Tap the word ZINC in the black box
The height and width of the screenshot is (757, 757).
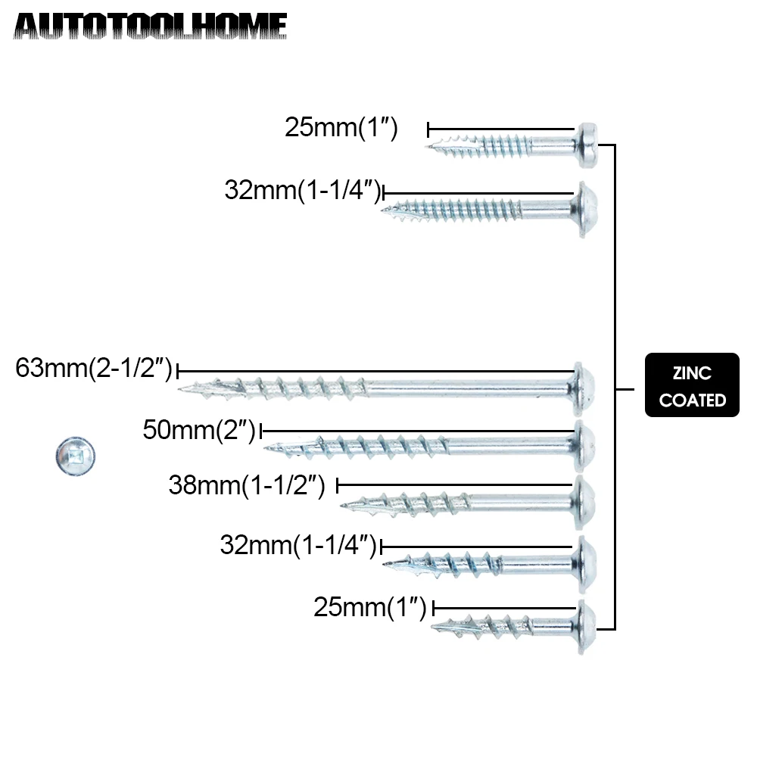[x=692, y=373]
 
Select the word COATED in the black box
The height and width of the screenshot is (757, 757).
[x=692, y=400]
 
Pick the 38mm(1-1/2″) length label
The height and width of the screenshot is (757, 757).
[x=247, y=485]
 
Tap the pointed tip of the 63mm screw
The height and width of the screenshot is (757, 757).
[x=182, y=389]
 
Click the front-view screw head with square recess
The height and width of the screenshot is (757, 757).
[x=75, y=456]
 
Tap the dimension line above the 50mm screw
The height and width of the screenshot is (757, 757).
[x=416, y=431]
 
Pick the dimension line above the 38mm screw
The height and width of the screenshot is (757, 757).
[x=454, y=484]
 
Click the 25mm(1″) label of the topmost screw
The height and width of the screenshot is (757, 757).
[x=341, y=127]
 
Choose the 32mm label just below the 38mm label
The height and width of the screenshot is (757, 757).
[x=298, y=545]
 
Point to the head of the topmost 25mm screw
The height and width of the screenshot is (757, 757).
[x=587, y=145]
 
